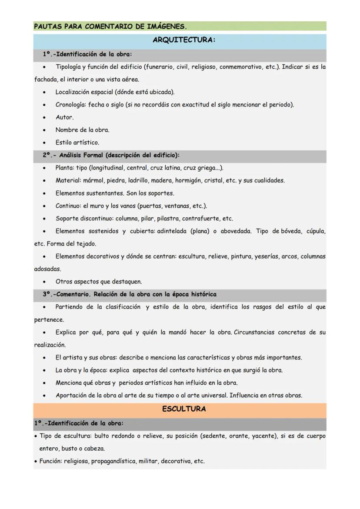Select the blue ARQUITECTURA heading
pos(184,40)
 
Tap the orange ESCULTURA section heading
pos(184,409)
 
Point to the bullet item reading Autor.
pos(64,117)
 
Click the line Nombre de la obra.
pos(82,130)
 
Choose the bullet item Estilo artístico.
pos(77,143)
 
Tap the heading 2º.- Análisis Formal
pos(111,155)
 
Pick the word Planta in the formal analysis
pos(64,168)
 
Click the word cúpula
pos(316,231)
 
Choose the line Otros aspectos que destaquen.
pos(99,282)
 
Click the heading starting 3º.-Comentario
pos(129,294)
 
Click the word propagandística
pos(112,461)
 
